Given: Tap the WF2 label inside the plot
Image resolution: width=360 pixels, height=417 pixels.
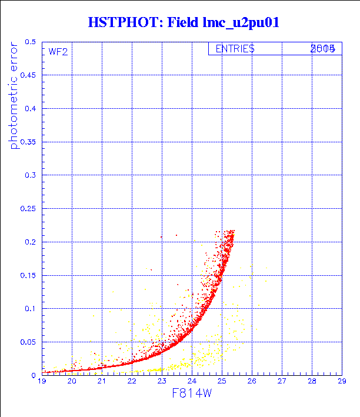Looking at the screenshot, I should click(58, 52).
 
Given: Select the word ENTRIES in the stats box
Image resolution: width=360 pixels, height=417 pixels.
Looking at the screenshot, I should click(235, 49).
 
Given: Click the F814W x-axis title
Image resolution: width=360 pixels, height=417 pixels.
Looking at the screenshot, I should click(192, 395).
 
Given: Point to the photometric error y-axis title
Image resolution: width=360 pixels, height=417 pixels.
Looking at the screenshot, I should click(14, 96).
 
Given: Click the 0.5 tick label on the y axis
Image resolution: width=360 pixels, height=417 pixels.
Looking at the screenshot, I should click(30, 42).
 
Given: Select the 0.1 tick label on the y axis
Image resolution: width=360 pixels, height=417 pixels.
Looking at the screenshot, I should click(30, 309).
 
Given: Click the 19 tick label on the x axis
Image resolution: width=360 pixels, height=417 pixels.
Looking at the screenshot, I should click(42, 382).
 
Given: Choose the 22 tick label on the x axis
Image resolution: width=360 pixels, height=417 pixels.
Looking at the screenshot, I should click(132, 382).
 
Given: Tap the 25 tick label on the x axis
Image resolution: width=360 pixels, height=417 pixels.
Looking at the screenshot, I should click(222, 382).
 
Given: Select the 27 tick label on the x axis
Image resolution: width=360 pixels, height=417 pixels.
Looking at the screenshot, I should click(282, 382).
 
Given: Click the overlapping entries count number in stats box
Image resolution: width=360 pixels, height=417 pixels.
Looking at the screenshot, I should click(323, 49).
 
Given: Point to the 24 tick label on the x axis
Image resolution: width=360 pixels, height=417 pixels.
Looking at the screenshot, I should click(192, 382).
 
